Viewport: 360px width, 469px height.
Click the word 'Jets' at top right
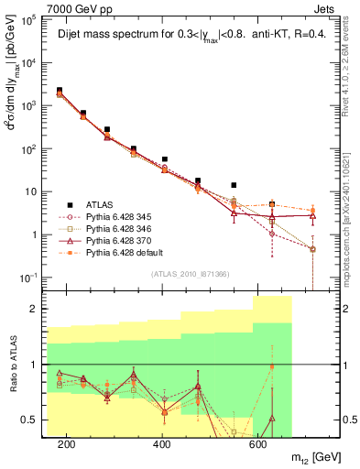[325, 8]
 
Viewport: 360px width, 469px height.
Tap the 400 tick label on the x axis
[162, 444]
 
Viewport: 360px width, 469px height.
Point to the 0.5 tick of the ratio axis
[35, 420]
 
